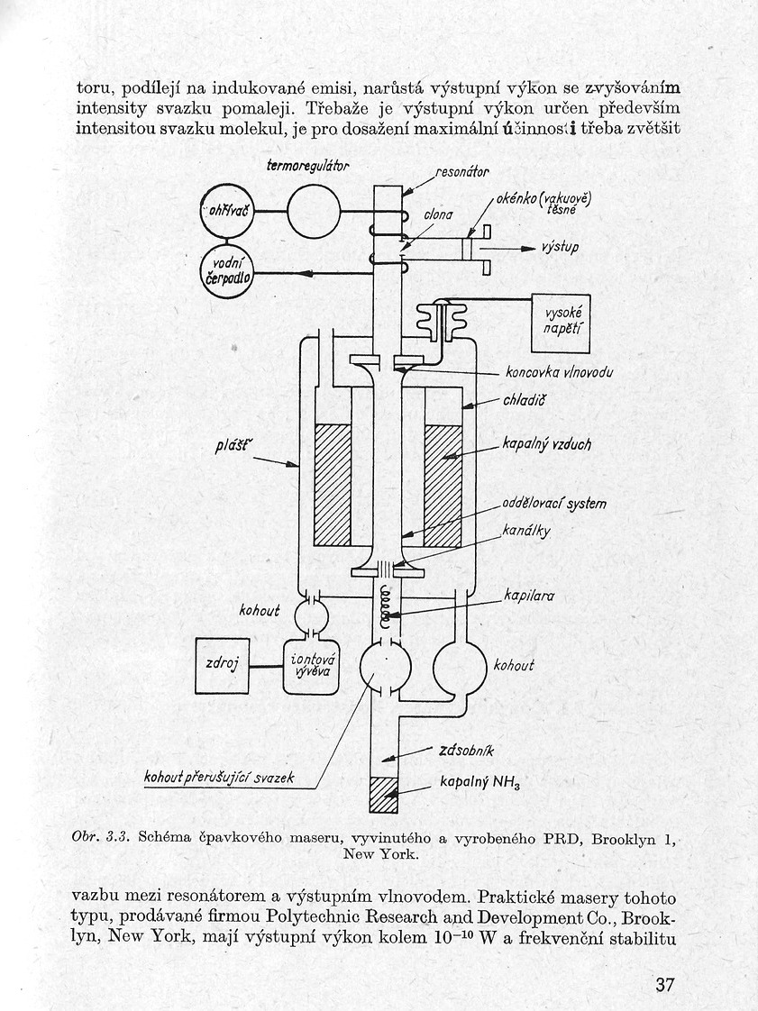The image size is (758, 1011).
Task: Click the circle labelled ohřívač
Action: pyautogui.click(x=228, y=211)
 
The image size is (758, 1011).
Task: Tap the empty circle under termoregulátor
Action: pyautogui.click(x=313, y=211)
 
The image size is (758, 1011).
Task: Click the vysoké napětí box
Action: pyautogui.click(x=561, y=323)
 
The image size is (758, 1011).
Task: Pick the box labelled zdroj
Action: pyautogui.click(x=223, y=666)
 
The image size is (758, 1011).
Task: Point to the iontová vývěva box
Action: pyautogui.click(x=306, y=667)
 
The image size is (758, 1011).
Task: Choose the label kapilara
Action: pyautogui.click(x=530, y=597)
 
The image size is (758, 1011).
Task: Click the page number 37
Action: pyautogui.click(x=665, y=983)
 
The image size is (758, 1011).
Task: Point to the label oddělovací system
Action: pyautogui.click(x=554, y=505)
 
